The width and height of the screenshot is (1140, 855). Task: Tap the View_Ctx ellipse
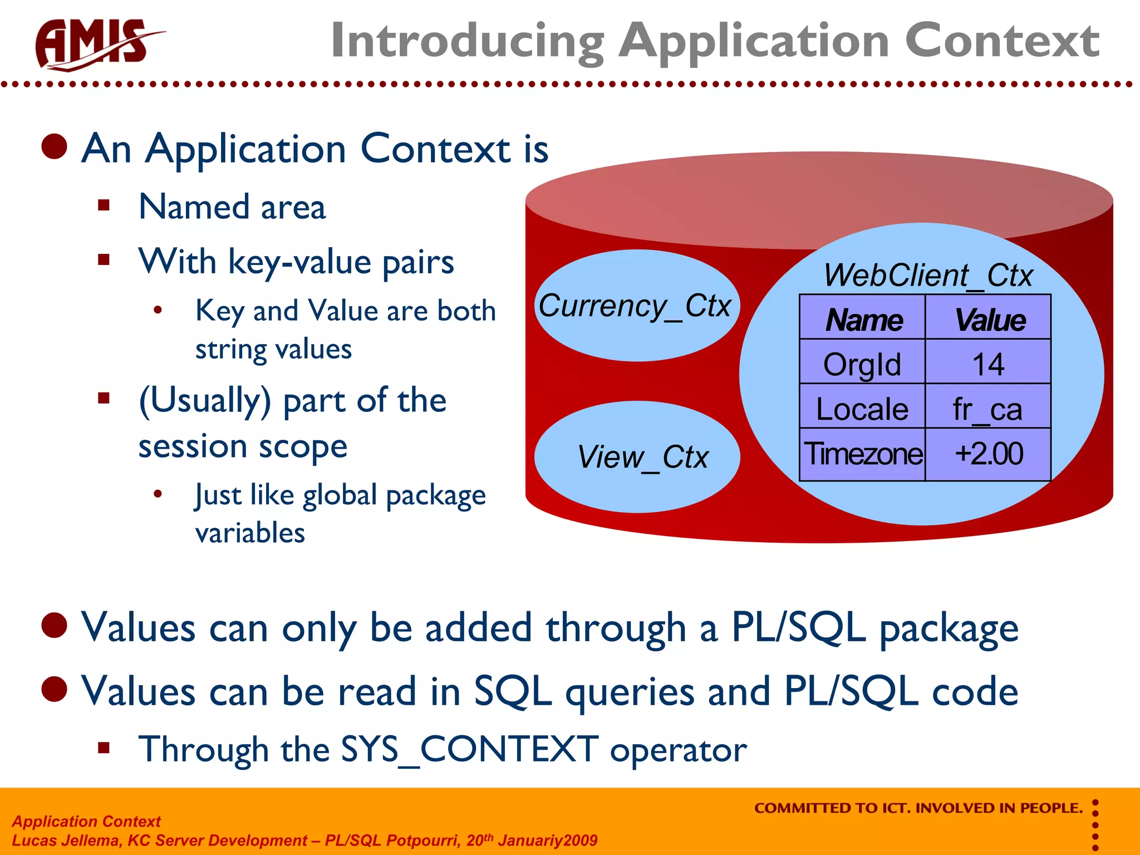point(637,457)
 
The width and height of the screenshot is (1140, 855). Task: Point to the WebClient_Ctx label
point(927,275)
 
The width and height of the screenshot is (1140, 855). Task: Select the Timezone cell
point(862,454)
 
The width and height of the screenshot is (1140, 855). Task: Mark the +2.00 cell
point(988,454)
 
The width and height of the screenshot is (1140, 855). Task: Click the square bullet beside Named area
point(104,205)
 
